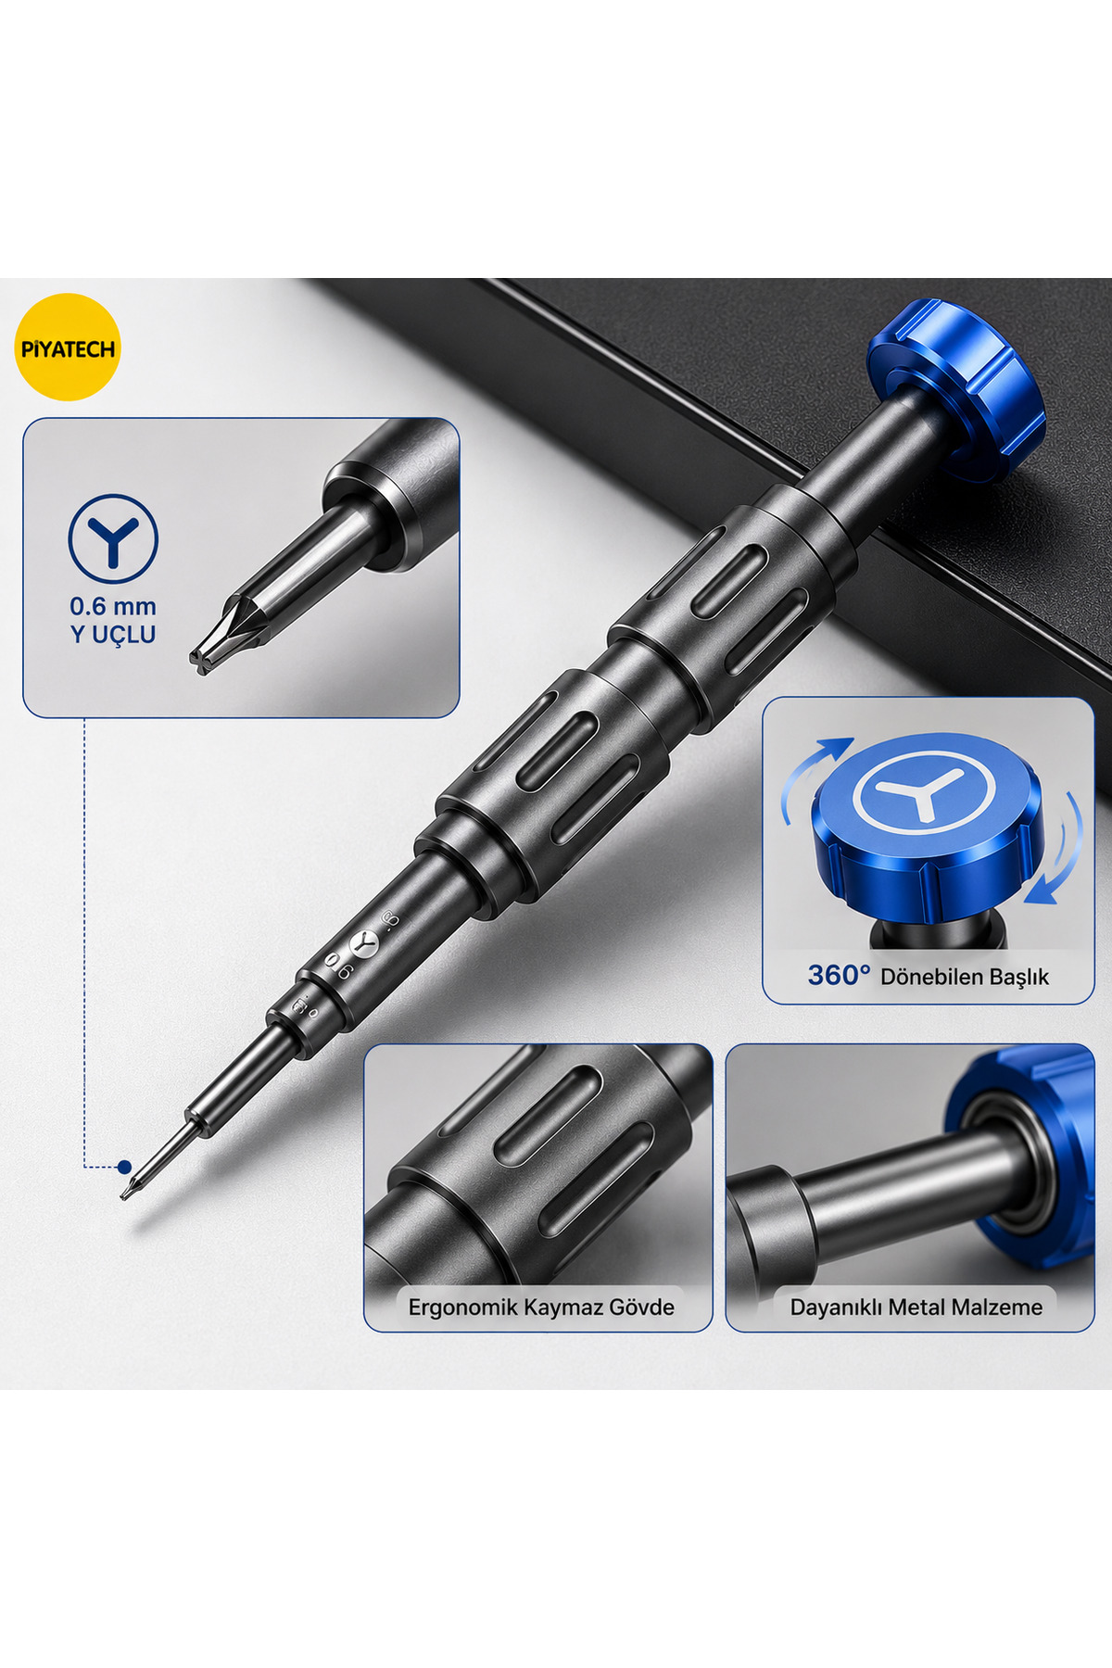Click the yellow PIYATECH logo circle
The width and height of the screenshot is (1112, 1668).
(68, 347)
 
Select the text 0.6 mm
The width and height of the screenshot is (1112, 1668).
(113, 607)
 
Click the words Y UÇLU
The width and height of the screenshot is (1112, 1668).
(113, 635)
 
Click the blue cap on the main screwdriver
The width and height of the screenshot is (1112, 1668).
(956, 390)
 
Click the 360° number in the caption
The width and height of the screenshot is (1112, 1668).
(839, 975)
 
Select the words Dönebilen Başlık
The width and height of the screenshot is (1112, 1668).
(965, 977)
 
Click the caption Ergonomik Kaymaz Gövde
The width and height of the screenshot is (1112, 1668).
(541, 1308)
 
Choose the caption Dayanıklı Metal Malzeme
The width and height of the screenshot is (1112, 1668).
(916, 1308)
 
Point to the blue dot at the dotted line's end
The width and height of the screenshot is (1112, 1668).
(124, 1167)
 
